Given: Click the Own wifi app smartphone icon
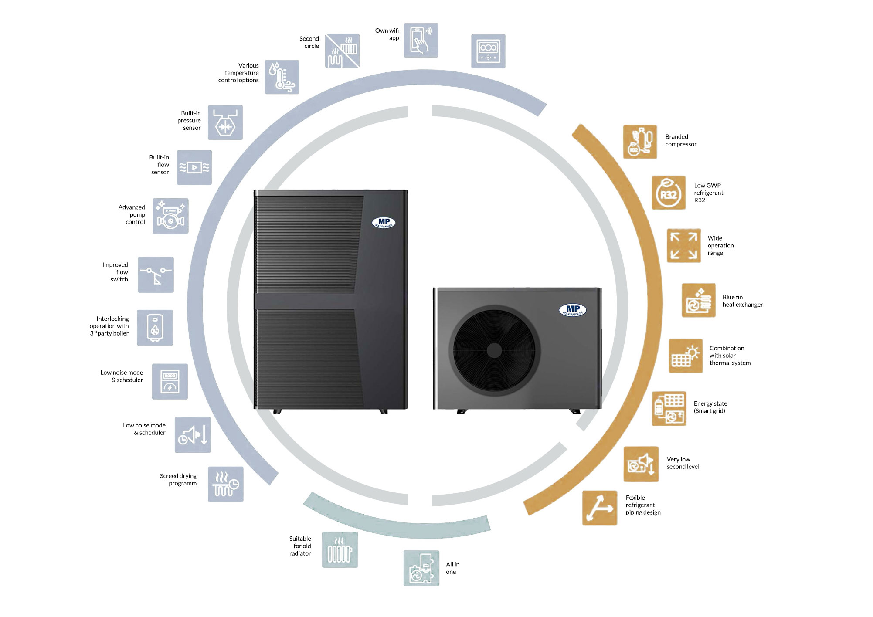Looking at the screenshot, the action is (x=421, y=40).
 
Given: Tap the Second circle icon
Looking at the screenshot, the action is (x=342, y=51).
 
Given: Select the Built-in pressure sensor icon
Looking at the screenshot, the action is (x=225, y=122).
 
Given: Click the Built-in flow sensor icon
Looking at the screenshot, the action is (x=194, y=167).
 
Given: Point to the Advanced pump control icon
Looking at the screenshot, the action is (x=170, y=216).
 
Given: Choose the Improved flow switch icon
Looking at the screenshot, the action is (x=156, y=275).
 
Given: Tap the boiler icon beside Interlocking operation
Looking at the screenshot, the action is (x=155, y=328).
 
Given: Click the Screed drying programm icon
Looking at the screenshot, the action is (x=225, y=484).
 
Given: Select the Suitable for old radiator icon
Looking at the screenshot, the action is (x=340, y=549).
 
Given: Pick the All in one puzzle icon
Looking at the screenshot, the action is (x=421, y=568).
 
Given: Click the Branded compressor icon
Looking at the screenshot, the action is (x=640, y=142).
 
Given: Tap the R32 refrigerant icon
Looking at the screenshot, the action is (x=669, y=193).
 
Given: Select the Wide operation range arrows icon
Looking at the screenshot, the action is (x=684, y=245).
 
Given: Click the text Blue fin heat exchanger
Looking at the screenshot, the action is (x=743, y=301).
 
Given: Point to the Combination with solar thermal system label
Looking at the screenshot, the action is (x=730, y=356).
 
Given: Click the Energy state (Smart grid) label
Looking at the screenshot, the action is (x=710, y=407).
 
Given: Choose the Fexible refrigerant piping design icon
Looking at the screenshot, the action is (x=600, y=508).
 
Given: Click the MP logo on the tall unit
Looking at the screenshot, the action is (x=384, y=223).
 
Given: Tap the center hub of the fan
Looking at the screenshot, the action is (x=494, y=350).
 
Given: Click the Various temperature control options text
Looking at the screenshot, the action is (x=238, y=73).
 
